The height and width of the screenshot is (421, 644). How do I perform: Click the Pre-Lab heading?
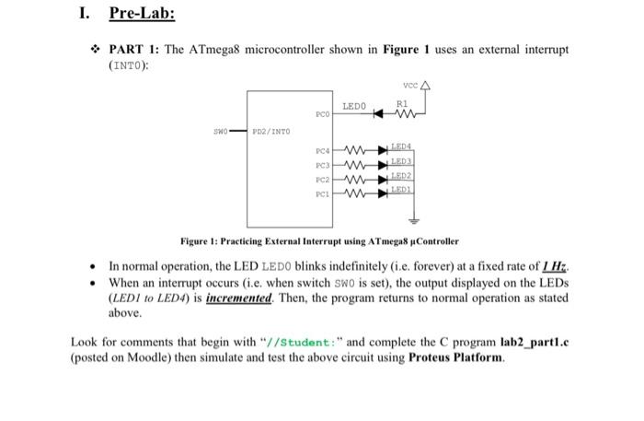[142, 14]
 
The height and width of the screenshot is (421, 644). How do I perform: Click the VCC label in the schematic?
[405, 85]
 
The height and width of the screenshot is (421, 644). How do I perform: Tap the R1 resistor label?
[402, 104]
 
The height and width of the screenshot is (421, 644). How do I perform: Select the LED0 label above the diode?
[353, 107]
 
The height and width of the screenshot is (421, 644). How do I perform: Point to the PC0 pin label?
[321, 114]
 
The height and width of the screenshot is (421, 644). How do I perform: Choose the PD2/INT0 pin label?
[273, 133]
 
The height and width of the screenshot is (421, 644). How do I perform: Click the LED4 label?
[401, 146]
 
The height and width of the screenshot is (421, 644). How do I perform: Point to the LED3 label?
[401, 160]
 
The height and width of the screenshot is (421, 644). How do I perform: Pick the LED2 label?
[401, 174]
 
